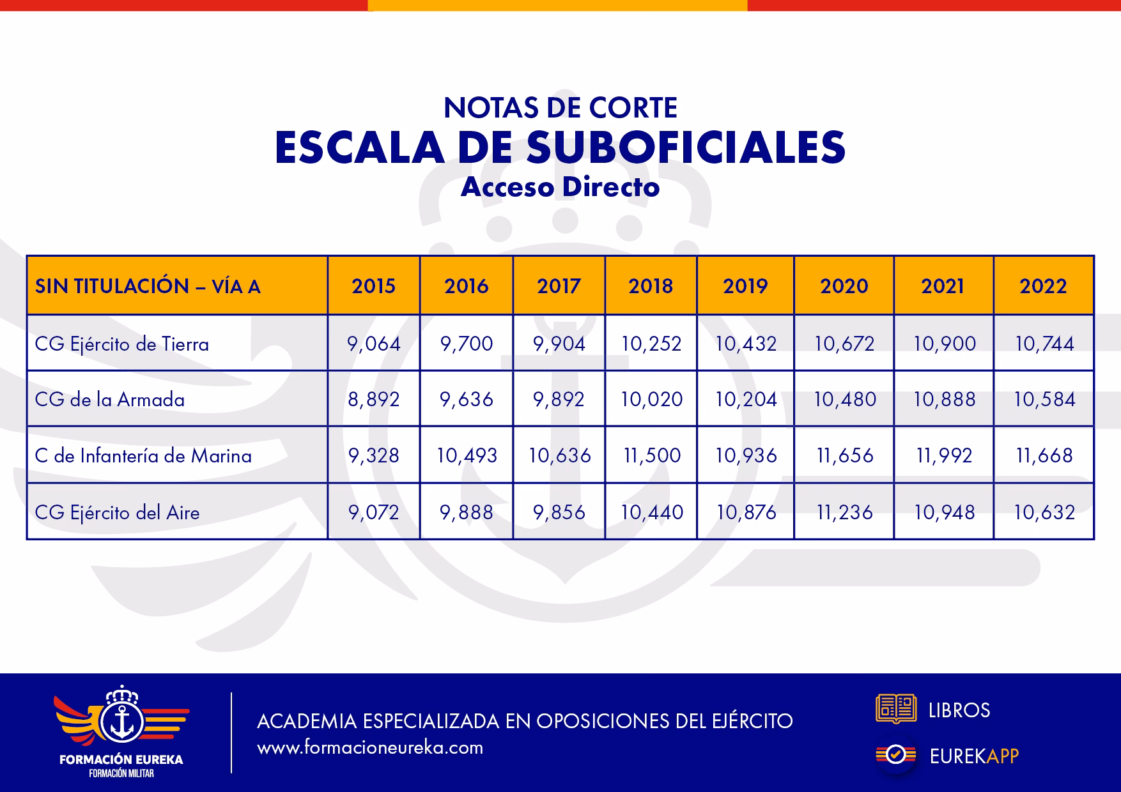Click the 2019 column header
[x=745, y=286]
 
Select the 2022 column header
[x=1043, y=286]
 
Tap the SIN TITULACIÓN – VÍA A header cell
[x=148, y=286]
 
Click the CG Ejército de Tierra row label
[x=122, y=344]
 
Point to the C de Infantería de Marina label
[x=143, y=456]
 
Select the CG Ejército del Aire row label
[x=118, y=513]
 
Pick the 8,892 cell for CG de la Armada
[x=374, y=400]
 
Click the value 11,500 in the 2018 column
[x=651, y=456]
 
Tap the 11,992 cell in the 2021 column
[x=944, y=456]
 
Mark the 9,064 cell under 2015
[x=374, y=344]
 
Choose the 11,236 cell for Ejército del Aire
[x=844, y=513]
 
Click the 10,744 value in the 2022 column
[x=1044, y=344]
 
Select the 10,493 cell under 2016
[x=467, y=456]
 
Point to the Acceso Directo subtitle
[x=560, y=187]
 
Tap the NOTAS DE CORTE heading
[x=560, y=108]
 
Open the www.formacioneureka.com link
[x=370, y=748]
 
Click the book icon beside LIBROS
[x=895, y=709]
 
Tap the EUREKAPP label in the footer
[x=973, y=756]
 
